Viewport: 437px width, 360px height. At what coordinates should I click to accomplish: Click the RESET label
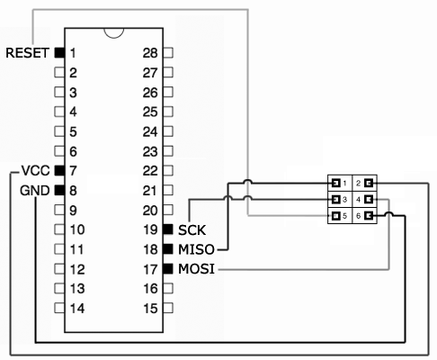(27, 53)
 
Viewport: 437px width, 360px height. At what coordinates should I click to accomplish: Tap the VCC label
(35, 171)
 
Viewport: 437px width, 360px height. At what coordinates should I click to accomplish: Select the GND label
(34, 191)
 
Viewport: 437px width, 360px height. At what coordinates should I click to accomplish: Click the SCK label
(192, 230)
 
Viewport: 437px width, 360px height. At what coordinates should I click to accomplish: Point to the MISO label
(196, 249)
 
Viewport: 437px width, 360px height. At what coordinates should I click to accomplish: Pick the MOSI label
(196, 269)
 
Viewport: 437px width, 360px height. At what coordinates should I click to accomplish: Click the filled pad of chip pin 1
(59, 53)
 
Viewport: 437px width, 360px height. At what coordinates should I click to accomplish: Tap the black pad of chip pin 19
(168, 229)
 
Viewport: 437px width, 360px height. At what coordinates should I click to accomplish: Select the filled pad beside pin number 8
(59, 190)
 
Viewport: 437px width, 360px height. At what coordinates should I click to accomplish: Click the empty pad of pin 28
(168, 53)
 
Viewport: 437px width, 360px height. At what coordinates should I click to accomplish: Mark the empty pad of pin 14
(59, 308)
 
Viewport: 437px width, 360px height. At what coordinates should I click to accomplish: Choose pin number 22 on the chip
(150, 171)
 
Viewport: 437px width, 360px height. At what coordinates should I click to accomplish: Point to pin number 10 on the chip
(77, 229)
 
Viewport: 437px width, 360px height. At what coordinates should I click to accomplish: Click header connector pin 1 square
(335, 183)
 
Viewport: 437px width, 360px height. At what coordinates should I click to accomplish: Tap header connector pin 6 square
(369, 216)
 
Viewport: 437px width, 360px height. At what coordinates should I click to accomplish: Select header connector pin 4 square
(369, 199)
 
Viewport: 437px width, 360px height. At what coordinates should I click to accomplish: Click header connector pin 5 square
(335, 216)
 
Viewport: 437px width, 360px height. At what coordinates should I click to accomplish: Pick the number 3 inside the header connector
(344, 200)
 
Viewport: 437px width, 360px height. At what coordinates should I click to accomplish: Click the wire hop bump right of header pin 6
(389, 212)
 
